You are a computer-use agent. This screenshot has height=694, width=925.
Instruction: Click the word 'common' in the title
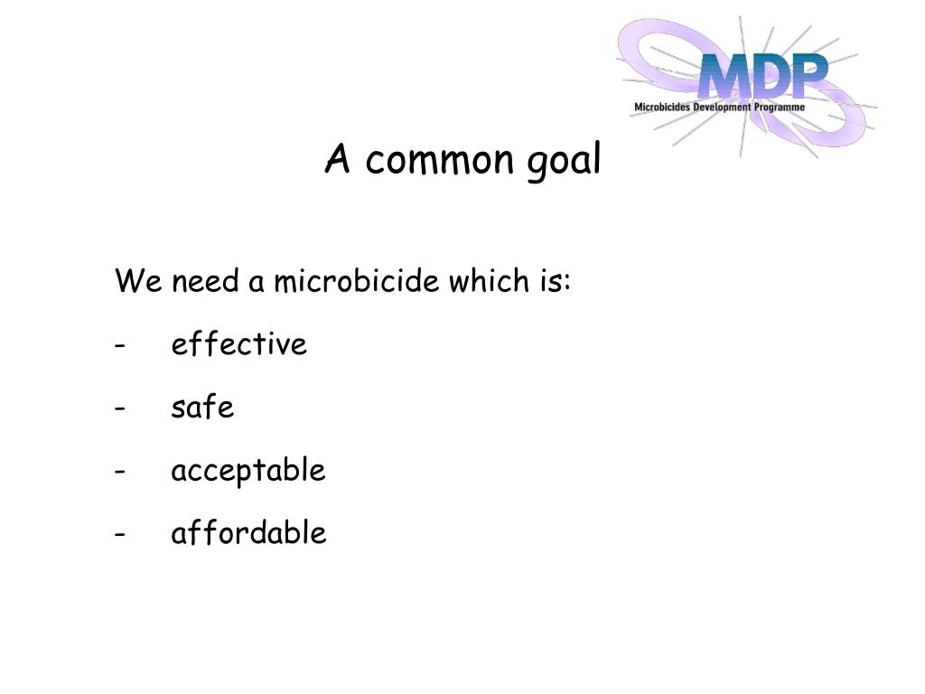pos(438,161)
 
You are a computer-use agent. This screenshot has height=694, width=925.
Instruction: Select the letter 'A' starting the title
pos(338,160)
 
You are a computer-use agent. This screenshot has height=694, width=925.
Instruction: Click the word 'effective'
pos(239,344)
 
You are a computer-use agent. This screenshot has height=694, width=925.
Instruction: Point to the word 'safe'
pos(202,408)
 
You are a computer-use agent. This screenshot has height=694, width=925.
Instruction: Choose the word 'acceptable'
pos(248,472)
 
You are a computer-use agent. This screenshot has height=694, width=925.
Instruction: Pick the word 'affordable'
pos(248,533)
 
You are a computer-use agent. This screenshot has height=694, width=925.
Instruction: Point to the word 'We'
pos(137,282)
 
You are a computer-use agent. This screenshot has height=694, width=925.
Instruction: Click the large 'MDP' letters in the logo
pos(762,78)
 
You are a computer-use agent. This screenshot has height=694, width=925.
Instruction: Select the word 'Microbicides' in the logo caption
pos(663,108)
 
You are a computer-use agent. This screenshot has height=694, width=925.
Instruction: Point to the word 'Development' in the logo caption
pos(722,108)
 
